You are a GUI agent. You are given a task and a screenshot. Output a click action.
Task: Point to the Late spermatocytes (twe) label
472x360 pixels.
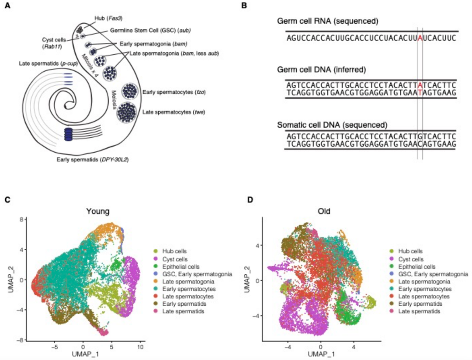[x=174, y=112]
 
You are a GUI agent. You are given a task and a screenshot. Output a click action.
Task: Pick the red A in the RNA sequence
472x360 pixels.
[x=420, y=38]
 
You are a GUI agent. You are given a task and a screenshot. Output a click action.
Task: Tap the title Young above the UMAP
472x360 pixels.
[x=97, y=211]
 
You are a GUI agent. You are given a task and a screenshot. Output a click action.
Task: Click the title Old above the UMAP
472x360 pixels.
[x=323, y=211]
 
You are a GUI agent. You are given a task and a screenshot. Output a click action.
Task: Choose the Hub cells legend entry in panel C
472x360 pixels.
[x=174, y=251]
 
